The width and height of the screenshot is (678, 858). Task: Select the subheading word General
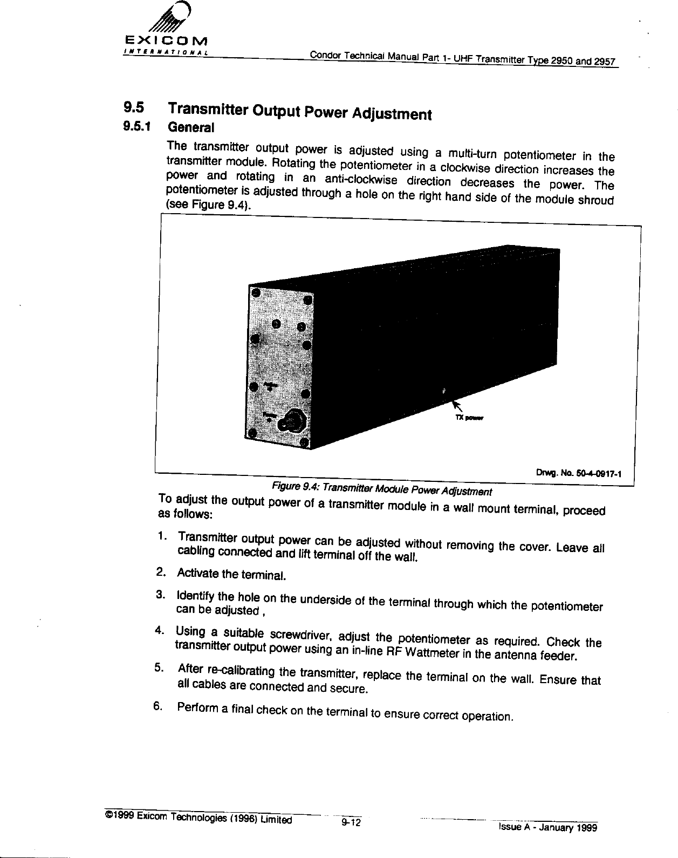coord(191,128)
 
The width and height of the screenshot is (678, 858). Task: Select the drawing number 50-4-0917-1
coord(594,474)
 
